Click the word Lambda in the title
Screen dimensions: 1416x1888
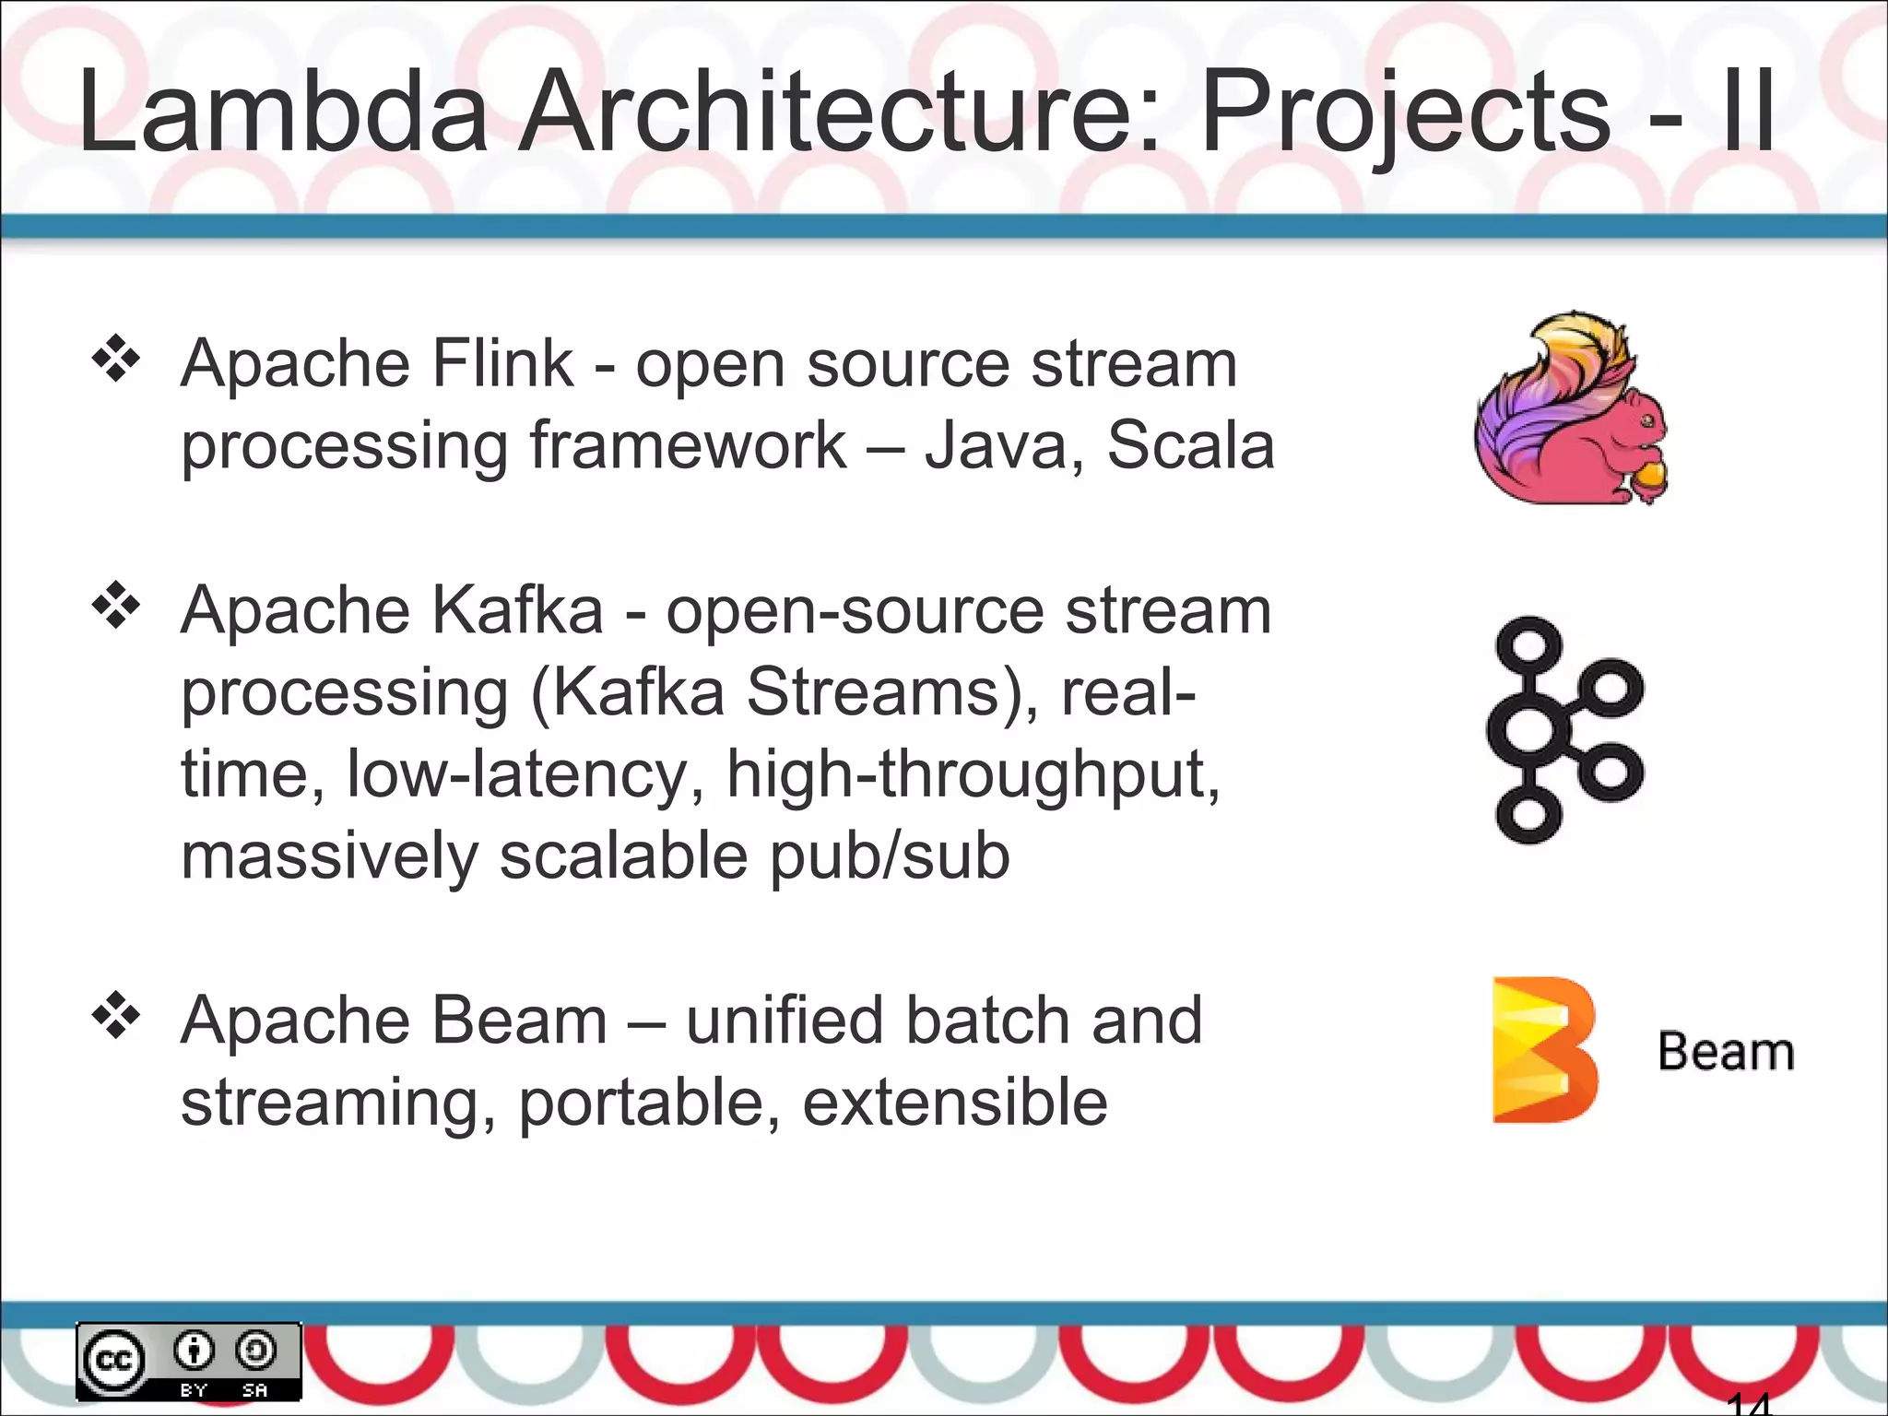[x=282, y=112]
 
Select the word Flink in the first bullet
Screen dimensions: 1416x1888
[x=501, y=364]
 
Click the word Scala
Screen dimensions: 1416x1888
[x=1190, y=446]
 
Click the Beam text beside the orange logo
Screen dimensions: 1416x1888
[x=1725, y=1052]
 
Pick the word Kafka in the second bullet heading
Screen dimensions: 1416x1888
[x=517, y=610]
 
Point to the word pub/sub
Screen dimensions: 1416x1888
[x=890, y=855]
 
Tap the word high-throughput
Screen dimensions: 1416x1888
[x=973, y=774]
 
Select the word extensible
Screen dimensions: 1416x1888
[x=955, y=1103]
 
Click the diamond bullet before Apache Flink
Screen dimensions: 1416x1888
[x=116, y=360]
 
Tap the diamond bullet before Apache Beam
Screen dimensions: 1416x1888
[x=116, y=1017]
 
